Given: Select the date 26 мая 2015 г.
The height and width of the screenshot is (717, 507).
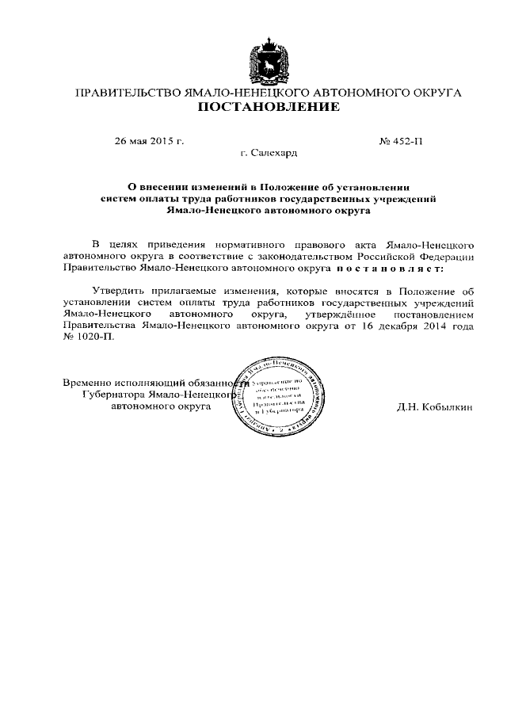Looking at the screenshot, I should point(149,141).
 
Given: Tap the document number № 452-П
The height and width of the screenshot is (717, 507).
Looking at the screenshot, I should point(402,141).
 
